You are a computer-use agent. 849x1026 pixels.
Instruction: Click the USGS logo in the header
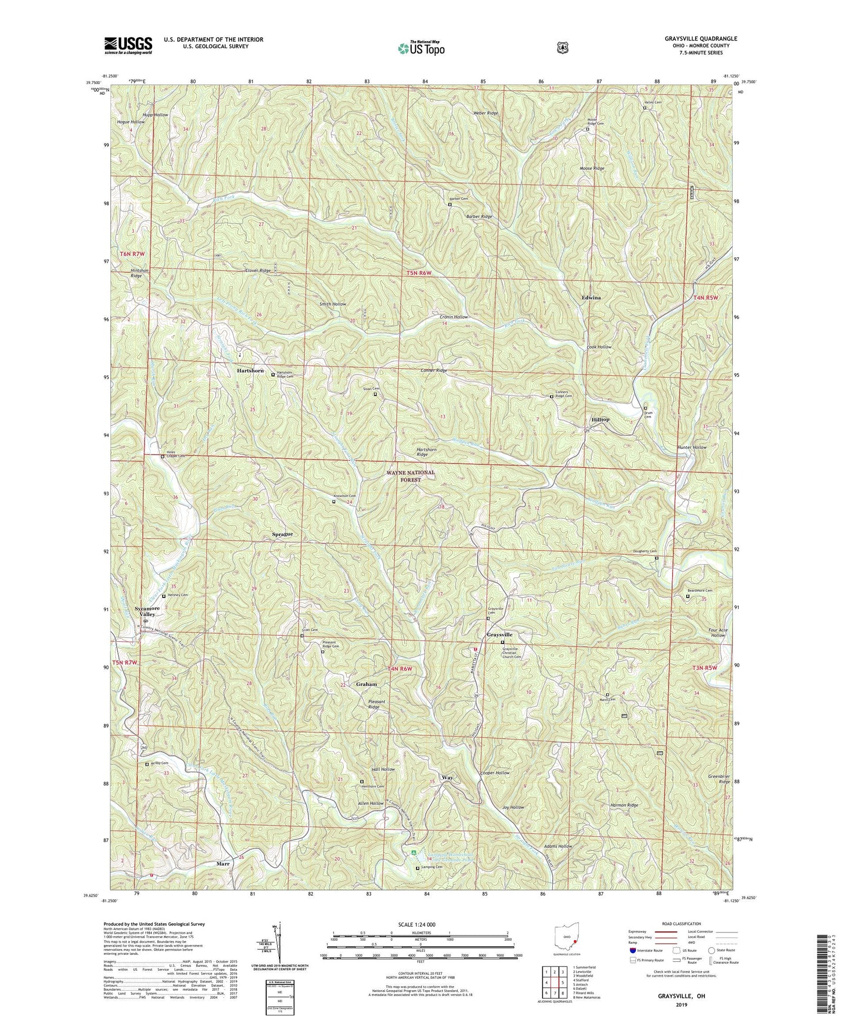(128, 45)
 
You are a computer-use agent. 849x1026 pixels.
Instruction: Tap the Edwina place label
(591, 298)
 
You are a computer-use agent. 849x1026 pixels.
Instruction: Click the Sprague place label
(283, 534)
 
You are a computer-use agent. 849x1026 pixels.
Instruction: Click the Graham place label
(366, 685)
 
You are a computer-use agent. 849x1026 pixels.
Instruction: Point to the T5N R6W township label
(423, 274)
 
